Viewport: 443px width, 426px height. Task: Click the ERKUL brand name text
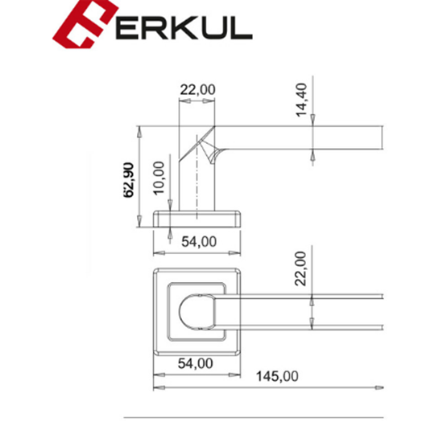click(x=184, y=27)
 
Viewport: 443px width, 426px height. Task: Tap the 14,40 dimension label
click(x=301, y=100)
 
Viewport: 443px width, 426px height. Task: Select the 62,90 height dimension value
click(x=129, y=180)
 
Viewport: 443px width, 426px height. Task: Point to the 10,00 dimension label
click(x=159, y=178)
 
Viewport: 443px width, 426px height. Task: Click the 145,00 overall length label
click(x=277, y=376)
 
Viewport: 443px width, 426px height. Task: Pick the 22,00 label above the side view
click(x=198, y=90)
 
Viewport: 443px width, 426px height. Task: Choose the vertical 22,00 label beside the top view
click(x=300, y=268)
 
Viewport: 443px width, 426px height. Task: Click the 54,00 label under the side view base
click(x=199, y=242)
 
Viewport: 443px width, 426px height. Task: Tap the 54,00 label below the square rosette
click(x=195, y=363)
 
